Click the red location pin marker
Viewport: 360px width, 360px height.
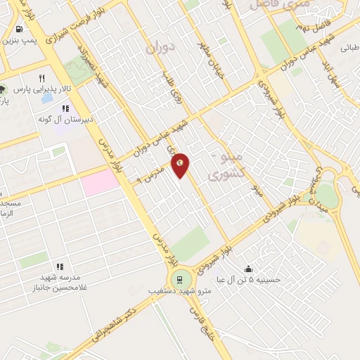[180, 165]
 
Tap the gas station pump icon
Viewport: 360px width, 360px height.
[18, 30]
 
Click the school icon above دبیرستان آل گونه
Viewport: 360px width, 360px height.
[66, 109]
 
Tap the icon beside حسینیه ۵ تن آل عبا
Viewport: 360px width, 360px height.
[248, 269]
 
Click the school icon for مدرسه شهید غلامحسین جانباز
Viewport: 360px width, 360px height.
[60, 267]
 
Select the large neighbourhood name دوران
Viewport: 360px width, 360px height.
[160, 48]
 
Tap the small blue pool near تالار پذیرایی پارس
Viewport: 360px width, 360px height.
[46, 98]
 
